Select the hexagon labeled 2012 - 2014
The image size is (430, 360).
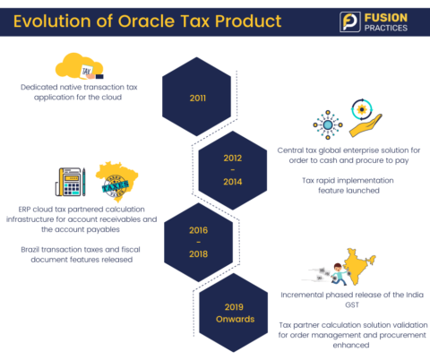pyautogui.click(x=232, y=169)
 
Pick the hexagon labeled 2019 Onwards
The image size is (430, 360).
pyautogui.click(x=232, y=313)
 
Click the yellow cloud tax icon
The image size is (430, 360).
pyautogui.click(x=82, y=66)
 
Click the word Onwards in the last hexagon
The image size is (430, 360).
pyautogui.click(x=232, y=320)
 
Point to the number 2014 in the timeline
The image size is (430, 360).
pyautogui.click(x=232, y=182)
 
